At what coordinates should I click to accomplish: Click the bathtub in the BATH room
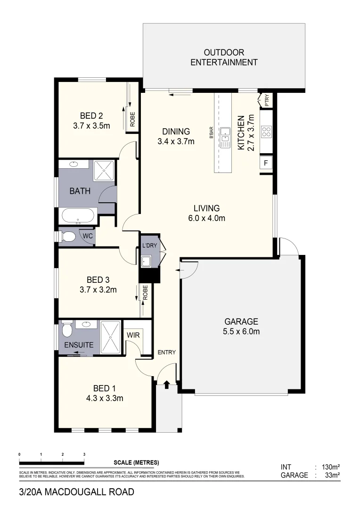79,216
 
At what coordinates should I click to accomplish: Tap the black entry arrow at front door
166,385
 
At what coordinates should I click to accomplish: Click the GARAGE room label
241,321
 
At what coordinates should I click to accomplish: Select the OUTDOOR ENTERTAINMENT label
224,57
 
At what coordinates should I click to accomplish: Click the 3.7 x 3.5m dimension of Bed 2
91,126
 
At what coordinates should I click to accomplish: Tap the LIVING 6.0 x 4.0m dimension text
206,218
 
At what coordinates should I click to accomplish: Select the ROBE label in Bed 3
146,293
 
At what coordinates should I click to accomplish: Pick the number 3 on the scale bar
84,454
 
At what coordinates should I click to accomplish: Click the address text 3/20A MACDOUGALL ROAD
76,492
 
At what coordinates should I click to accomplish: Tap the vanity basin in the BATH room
74,164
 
